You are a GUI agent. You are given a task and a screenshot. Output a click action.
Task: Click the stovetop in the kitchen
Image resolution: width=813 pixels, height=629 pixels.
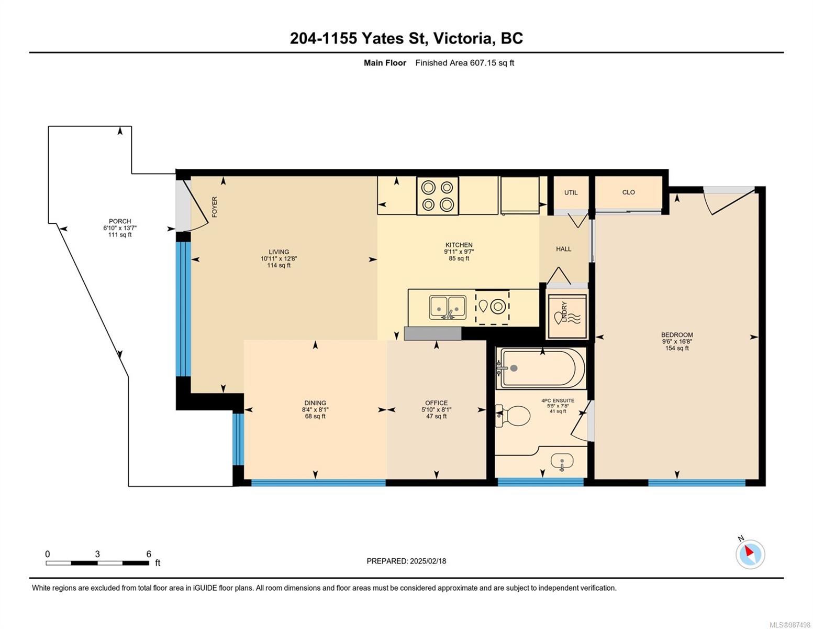pyautogui.click(x=437, y=196)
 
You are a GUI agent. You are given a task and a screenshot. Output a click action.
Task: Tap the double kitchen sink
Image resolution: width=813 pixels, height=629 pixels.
pyautogui.click(x=448, y=308)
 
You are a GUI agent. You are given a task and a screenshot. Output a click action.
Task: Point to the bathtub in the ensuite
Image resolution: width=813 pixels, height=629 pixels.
pyautogui.click(x=541, y=368)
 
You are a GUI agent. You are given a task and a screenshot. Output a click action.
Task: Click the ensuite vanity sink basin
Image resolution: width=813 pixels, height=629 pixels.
pyautogui.click(x=562, y=461)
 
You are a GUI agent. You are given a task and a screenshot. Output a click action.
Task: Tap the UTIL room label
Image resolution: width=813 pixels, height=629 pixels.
pyautogui.click(x=571, y=192)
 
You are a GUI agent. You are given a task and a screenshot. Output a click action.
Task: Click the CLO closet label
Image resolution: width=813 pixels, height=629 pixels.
pyautogui.click(x=628, y=192)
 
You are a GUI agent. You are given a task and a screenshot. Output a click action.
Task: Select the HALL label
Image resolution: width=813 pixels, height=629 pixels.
pyautogui.click(x=563, y=249)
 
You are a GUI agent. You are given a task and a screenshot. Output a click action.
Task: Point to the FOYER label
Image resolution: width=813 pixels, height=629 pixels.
pyautogui.click(x=215, y=207)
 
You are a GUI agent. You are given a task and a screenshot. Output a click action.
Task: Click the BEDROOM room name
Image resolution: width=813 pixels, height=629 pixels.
pyautogui.click(x=677, y=334)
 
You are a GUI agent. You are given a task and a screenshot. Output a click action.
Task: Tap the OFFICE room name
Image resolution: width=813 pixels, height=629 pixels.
pyautogui.click(x=436, y=403)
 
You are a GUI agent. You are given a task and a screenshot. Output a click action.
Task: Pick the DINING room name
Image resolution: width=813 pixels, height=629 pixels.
pyautogui.click(x=315, y=403)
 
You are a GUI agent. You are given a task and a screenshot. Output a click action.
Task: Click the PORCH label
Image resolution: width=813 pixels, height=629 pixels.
pyautogui.click(x=120, y=221)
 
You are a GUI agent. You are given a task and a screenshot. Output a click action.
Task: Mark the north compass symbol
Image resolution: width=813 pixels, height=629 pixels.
pyautogui.click(x=750, y=554)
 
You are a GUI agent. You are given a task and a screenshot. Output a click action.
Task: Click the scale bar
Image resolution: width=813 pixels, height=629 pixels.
pyautogui.click(x=97, y=562)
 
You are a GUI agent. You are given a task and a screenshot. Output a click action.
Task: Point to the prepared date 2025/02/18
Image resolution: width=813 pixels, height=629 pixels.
pyautogui.click(x=428, y=561)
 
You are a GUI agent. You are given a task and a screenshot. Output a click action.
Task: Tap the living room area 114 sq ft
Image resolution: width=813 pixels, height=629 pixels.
pyautogui.click(x=279, y=265)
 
